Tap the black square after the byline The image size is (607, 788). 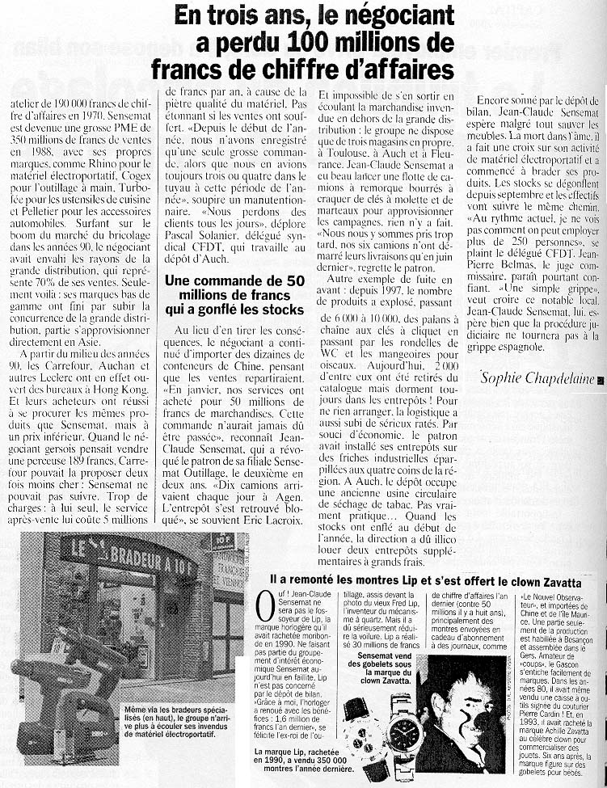click(x=601, y=379)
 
